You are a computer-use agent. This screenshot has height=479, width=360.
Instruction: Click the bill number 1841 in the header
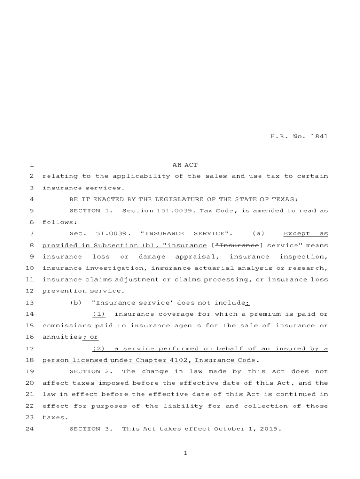coord(319,137)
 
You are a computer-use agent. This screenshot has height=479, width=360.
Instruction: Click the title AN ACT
coord(185,165)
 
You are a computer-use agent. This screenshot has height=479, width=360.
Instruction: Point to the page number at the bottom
coord(185,453)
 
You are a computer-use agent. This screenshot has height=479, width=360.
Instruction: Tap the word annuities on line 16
coord(62,337)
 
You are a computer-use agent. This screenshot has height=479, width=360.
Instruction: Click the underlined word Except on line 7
coord(296,233)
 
